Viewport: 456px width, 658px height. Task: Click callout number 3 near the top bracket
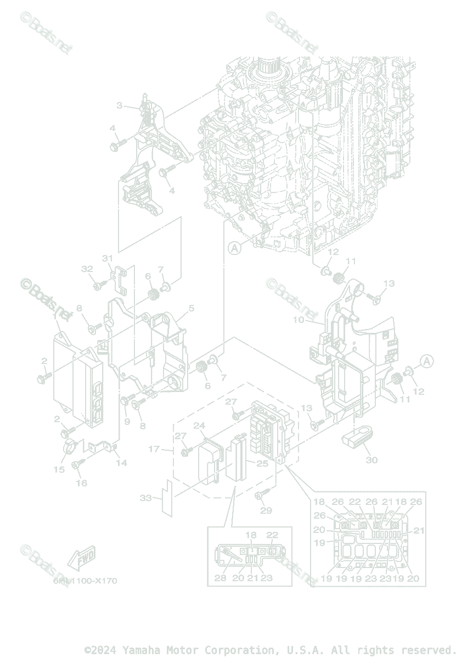119,105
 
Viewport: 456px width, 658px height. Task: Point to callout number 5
190,309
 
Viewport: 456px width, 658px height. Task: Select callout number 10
298,319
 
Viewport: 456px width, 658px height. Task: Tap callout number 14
121,463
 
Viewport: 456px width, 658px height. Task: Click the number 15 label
59,469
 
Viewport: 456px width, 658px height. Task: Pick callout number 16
81,483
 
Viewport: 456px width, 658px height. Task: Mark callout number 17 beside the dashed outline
154,450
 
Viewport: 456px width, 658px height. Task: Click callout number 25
262,464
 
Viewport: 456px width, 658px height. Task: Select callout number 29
266,511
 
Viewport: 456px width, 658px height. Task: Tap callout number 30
371,460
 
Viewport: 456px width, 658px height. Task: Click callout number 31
107,258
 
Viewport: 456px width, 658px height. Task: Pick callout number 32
87,269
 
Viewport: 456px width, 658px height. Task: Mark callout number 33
146,498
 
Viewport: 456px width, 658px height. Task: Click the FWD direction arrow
81,558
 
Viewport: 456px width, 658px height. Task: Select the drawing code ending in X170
85,581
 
